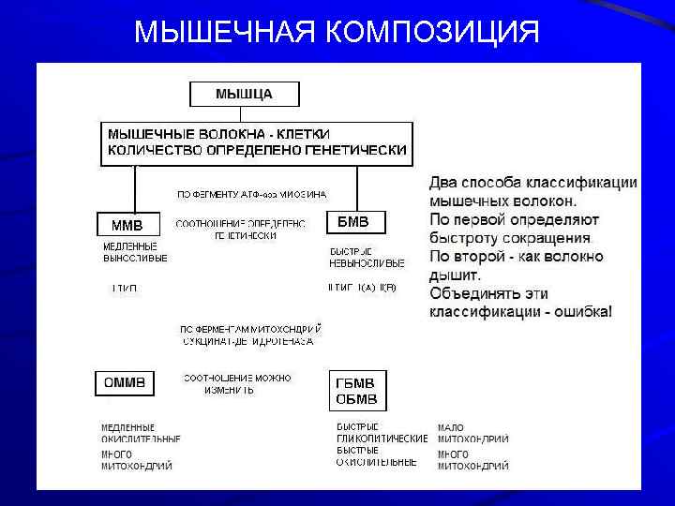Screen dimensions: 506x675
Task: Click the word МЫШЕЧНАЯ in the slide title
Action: tap(225, 33)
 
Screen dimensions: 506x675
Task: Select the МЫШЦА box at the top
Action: tap(244, 94)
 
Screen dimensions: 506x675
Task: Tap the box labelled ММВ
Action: tap(127, 225)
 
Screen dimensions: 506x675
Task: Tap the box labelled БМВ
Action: tap(353, 223)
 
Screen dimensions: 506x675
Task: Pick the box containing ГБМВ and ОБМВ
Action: tap(356, 391)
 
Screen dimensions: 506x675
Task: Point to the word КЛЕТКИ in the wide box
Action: tap(302, 135)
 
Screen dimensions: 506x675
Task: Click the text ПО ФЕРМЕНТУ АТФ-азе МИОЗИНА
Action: tap(252, 195)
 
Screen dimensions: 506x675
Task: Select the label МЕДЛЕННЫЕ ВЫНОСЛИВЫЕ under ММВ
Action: tap(135, 252)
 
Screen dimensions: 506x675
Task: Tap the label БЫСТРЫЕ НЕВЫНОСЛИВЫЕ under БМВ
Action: tap(367, 257)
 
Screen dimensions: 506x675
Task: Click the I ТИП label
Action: tap(125, 288)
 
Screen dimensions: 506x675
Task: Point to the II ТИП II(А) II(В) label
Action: tap(362, 287)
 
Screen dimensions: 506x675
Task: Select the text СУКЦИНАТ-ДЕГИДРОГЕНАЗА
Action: tap(248, 342)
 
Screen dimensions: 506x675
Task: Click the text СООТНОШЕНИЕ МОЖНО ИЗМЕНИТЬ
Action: tap(236, 383)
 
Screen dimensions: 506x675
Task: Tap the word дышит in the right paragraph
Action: tap(454, 275)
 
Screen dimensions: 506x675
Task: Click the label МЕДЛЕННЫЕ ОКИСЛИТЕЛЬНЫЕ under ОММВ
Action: tap(141, 433)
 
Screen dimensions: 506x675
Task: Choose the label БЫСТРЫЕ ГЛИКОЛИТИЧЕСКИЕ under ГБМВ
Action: tap(381, 433)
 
